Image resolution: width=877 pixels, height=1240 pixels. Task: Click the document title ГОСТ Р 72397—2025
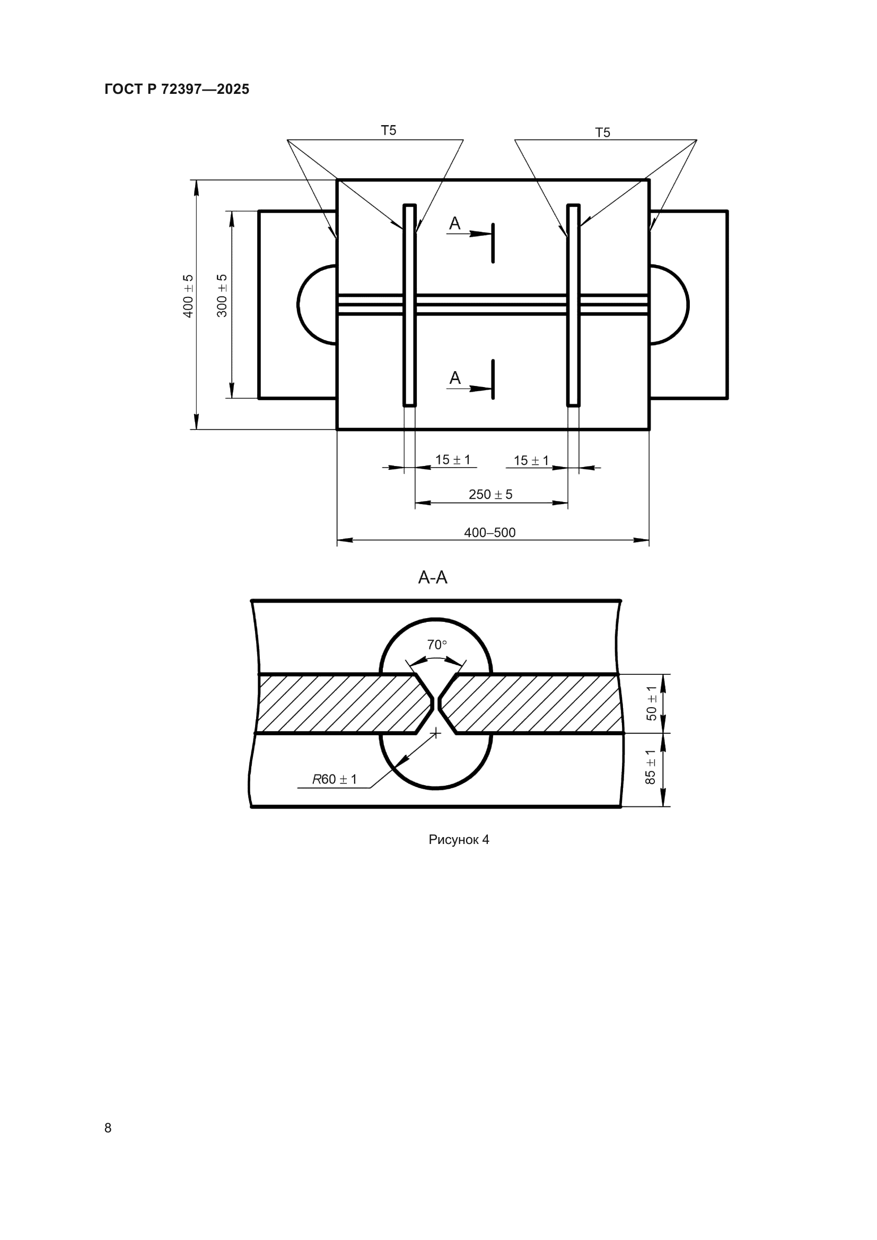177,89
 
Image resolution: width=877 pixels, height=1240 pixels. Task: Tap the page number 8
108,1128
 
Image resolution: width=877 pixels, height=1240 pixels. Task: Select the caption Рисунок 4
459,839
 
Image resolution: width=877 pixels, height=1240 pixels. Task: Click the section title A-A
433,578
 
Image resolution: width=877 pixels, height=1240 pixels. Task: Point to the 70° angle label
437,644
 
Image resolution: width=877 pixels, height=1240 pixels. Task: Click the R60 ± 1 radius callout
334,779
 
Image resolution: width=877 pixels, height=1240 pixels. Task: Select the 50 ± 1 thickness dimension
652,703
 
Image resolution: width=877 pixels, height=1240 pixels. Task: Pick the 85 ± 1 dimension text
651,767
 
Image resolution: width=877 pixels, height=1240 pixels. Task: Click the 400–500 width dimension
490,532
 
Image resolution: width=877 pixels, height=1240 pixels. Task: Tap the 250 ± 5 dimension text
490,494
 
